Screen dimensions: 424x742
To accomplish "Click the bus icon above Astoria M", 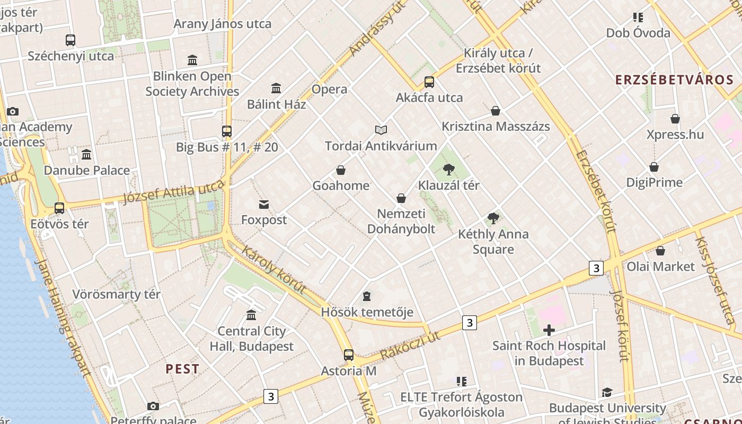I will coord(348,355).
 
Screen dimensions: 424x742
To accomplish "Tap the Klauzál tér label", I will coord(448,185).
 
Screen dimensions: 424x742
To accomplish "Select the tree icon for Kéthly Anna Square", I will coord(493,218).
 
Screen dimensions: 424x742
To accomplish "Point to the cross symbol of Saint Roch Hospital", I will coord(549,331).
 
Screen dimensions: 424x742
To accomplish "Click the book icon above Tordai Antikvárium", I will coord(381,130).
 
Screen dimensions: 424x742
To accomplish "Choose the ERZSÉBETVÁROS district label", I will coord(674,80).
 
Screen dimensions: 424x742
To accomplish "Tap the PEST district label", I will coord(182,369).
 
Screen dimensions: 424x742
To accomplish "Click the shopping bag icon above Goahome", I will coord(341,170).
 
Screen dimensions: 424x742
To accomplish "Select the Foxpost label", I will coord(264,219).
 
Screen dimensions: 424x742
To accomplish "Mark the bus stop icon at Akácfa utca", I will coord(429,82).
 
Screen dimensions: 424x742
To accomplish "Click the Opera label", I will coord(329,89).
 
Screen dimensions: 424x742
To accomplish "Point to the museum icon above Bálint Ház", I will coord(276,88).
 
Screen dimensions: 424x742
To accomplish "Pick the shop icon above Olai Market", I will coord(660,251).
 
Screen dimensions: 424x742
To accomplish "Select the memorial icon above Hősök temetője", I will coord(367,296).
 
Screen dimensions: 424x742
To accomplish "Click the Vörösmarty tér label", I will coord(116,294).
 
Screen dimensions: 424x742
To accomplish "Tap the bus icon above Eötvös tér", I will coord(59,208).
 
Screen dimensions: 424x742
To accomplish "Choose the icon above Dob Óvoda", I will coord(638,17).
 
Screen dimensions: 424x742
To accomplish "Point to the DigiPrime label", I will coord(654,182).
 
